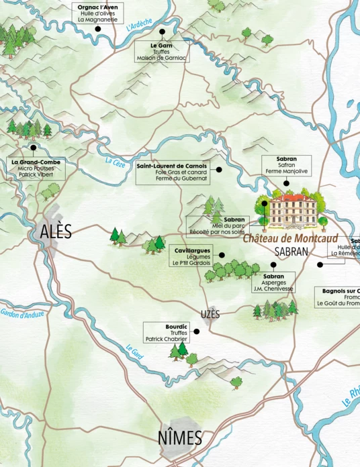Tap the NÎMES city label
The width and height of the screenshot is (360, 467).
tap(179, 438)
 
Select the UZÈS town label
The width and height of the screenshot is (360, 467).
tap(210, 315)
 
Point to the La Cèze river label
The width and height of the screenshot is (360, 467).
tap(115, 161)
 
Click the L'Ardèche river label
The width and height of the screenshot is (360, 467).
tap(139, 26)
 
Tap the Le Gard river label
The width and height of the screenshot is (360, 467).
tap(135, 350)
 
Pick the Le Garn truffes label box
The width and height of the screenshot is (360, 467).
tap(161, 51)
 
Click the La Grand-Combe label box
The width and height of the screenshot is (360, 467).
tap(36, 168)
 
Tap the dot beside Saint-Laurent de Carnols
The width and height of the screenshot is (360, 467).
tap(218, 170)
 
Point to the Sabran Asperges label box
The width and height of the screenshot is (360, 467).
tap(273, 282)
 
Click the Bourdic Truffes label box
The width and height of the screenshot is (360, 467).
tap(167, 332)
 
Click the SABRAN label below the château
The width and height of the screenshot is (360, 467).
tap(291, 252)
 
